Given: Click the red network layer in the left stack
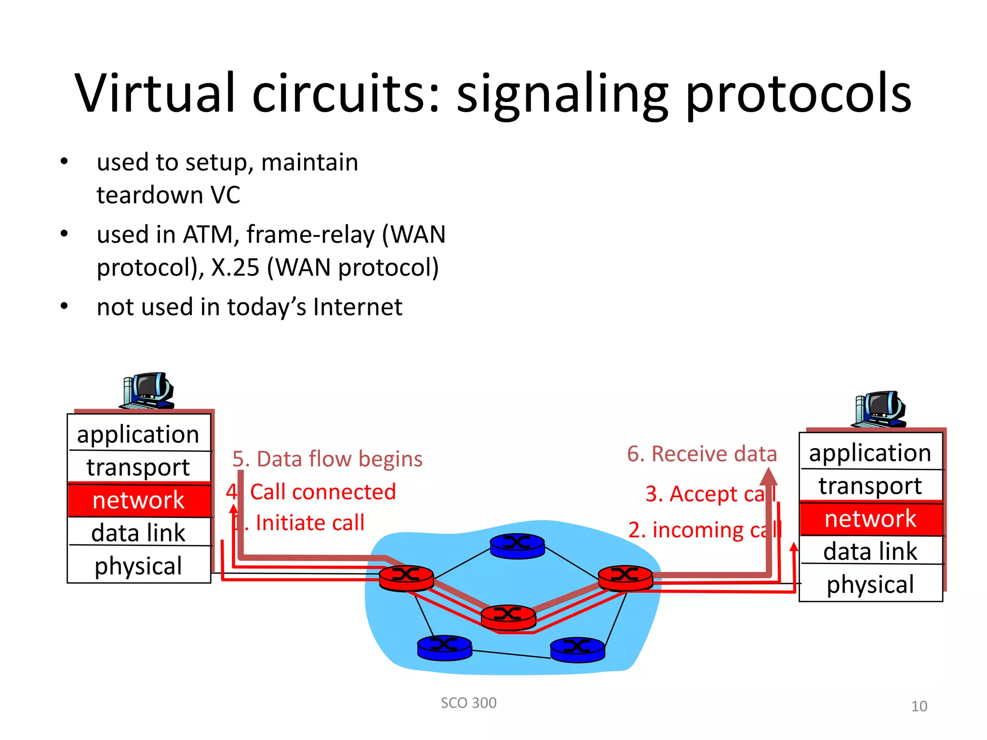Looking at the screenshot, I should point(139,500).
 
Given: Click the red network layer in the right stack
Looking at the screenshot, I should point(870,519).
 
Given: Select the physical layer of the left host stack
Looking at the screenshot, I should point(139,566).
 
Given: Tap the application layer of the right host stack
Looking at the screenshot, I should point(870,452).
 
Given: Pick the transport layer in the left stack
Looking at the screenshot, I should point(139,467).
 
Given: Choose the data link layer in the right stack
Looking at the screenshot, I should point(870,551).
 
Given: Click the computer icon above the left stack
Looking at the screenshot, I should point(147,390).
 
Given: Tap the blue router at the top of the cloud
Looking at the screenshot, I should point(517,545).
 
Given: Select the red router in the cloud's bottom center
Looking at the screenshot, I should point(508,617).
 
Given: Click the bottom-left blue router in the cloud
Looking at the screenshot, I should point(444,647).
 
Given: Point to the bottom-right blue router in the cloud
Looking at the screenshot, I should point(577,649).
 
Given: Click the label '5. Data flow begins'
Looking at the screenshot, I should point(327,459).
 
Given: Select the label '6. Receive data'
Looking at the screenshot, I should point(702,454).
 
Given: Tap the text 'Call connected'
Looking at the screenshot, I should point(322,492).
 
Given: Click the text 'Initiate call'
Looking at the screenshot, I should point(310,523).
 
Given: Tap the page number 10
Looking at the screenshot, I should point(919,706).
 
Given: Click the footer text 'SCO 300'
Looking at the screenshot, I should point(468,703).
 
